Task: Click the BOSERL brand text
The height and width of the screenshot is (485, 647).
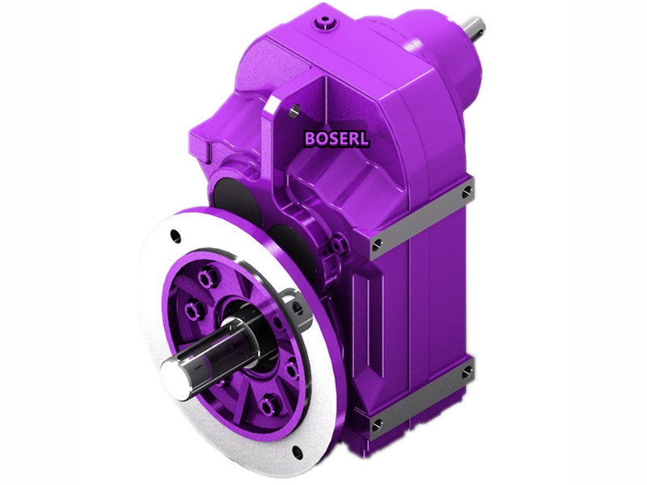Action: click(336, 138)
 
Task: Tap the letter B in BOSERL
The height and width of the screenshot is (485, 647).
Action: click(311, 138)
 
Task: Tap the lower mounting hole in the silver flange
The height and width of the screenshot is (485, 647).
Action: click(298, 453)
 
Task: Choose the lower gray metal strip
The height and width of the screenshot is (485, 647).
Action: click(421, 398)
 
